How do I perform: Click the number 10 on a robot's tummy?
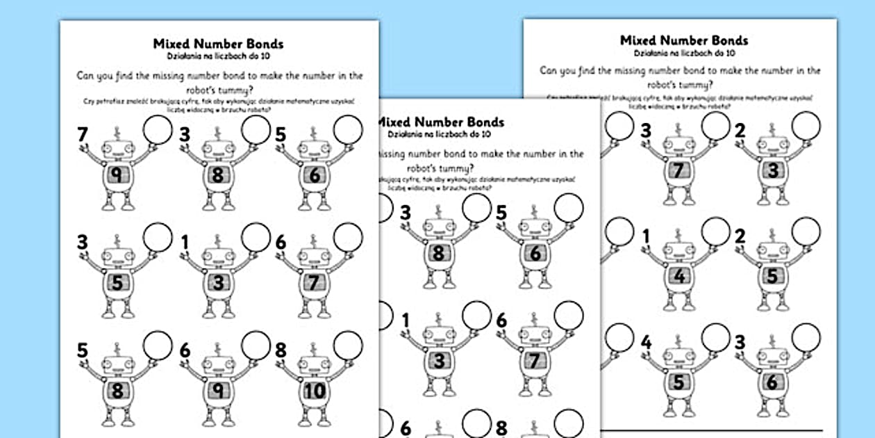pos(315,391)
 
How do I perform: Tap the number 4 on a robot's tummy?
pos(679,277)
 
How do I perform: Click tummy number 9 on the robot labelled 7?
pos(117,176)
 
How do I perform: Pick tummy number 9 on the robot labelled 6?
pos(218,391)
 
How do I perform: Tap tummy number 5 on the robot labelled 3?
pos(117,283)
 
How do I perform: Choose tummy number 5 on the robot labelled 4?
pos(679,382)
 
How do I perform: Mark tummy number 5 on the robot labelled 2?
pos(773,277)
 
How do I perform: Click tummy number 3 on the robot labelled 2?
pos(773,170)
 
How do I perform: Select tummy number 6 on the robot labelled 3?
pos(773,382)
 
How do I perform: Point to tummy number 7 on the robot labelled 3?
pos(679,170)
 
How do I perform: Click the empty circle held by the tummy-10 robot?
pos(348,345)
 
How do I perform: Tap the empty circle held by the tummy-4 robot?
pos(715,232)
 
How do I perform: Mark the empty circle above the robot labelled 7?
pos(158,129)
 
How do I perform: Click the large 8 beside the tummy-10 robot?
pos(281,350)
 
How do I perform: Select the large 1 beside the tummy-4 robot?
pos(646,238)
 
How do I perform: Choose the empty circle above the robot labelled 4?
pos(715,337)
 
